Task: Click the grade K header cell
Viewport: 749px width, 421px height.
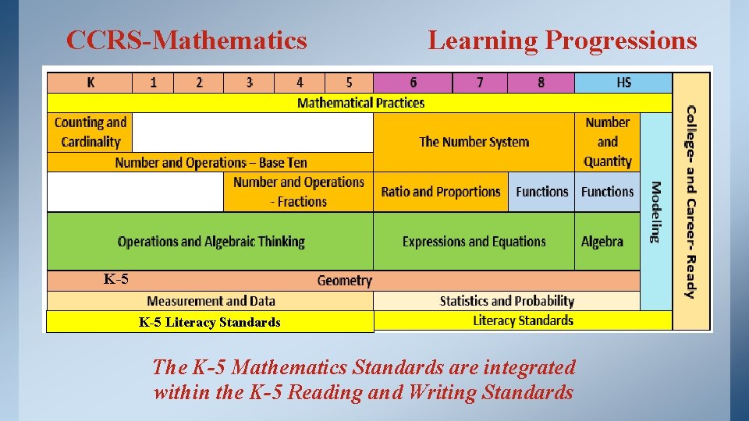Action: click(x=91, y=83)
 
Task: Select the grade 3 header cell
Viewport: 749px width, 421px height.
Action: click(x=249, y=83)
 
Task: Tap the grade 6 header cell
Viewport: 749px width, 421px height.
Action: click(x=413, y=83)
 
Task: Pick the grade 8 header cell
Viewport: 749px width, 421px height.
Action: click(x=541, y=83)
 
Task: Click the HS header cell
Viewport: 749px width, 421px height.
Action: click(x=623, y=83)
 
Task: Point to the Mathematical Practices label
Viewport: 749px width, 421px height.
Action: click(x=360, y=103)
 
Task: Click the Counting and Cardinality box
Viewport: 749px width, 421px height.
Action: click(x=90, y=132)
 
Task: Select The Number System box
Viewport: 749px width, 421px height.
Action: click(x=474, y=142)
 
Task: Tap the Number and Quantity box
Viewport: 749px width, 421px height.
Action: click(x=607, y=142)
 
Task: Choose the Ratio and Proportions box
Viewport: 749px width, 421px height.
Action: click(x=441, y=192)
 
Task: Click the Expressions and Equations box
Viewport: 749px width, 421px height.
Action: click(x=474, y=242)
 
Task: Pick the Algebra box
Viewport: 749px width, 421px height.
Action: click(x=602, y=242)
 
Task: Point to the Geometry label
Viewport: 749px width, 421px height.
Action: click(x=344, y=281)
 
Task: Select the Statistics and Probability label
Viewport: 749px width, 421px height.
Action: click(x=506, y=301)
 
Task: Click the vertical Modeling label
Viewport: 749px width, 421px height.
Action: click(x=655, y=211)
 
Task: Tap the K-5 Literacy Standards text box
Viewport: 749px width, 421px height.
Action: click(x=209, y=322)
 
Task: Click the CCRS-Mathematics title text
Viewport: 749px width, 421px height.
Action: click(x=186, y=40)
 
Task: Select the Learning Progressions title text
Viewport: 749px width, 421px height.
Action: click(x=562, y=40)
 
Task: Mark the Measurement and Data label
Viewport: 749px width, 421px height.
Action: click(x=211, y=301)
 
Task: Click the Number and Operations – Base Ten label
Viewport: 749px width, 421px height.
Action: click(x=211, y=163)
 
